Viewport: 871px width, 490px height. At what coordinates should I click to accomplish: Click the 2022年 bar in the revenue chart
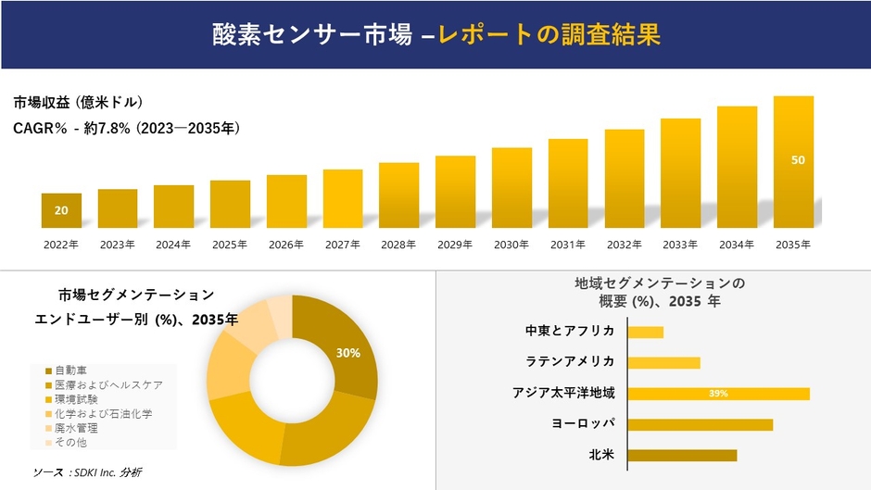tap(61, 210)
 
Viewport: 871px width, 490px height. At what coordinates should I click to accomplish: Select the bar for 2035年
tap(793, 162)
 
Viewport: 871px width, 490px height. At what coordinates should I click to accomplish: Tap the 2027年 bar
tap(343, 198)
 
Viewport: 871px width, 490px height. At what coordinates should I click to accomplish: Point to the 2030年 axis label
tap(511, 245)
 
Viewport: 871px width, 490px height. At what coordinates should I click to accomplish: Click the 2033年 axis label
tap(680, 245)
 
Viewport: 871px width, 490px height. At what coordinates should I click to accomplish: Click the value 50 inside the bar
tap(798, 160)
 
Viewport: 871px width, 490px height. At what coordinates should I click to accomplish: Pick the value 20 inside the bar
tap(61, 211)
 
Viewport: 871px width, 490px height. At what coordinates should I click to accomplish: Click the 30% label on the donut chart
tap(348, 353)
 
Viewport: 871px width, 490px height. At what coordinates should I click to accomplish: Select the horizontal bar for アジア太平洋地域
tap(718, 394)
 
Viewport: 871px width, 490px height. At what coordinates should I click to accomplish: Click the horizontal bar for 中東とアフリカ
tap(645, 332)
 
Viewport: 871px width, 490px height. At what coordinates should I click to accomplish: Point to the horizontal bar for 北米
tap(682, 455)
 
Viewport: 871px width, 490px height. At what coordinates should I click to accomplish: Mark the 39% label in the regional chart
tap(718, 394)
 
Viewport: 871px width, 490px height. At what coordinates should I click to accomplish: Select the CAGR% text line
tap(127, 130)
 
